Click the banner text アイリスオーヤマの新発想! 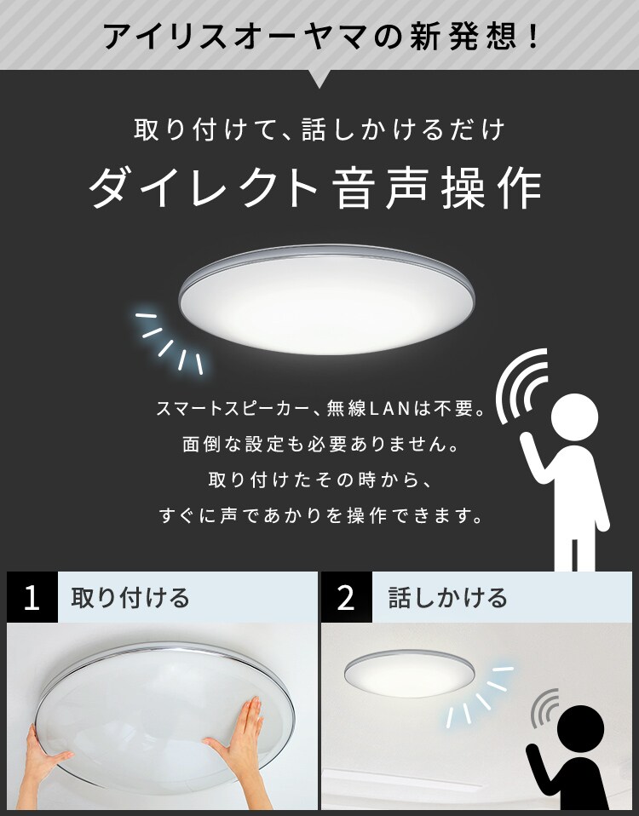click(319, 36)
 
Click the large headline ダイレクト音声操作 click(316, 187)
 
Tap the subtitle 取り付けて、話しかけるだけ click(319, 130)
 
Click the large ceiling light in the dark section click(325, 297)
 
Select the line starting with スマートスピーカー click(320, 409)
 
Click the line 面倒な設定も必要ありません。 click(320, 445)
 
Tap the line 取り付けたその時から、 click(320, 480)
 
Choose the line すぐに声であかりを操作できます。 click(320, 515)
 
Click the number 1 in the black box click(32, 597)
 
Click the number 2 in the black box click(346, 597)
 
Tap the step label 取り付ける click(130, 597)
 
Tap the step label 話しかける click(447, 597)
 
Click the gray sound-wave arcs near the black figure click(545, 707)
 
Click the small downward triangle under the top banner click(319, 79)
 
